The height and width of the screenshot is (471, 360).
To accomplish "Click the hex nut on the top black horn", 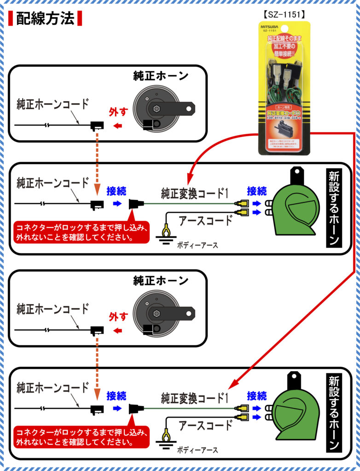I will [x=155, y=109].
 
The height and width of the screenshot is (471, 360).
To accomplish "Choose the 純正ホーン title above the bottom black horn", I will [x=161, y=280].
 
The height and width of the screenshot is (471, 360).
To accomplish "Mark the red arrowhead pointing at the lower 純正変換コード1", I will [x=232, y=385].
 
